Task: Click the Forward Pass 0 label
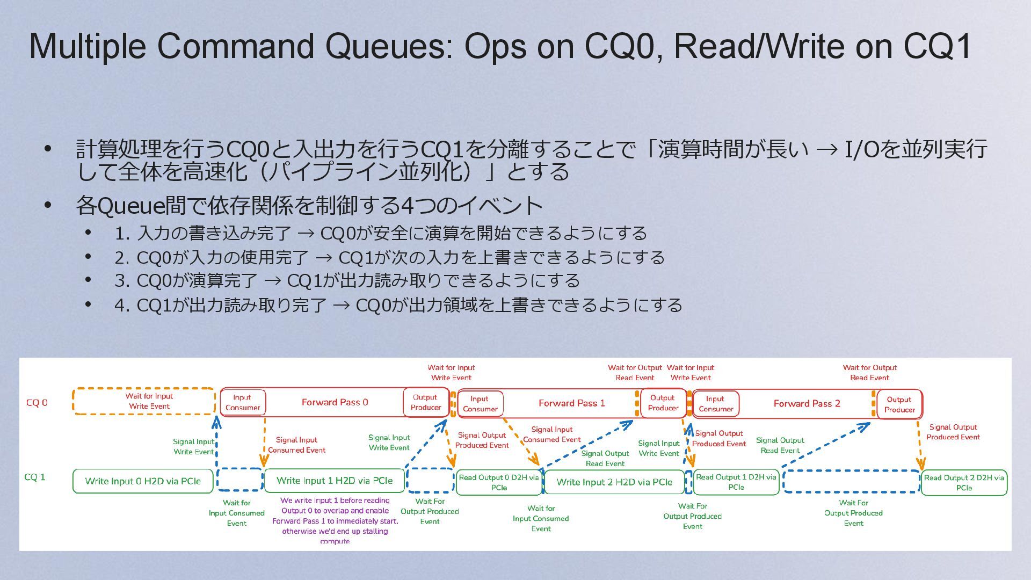pos(335,402)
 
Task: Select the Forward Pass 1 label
pos(571,403)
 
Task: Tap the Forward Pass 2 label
pos(807,404)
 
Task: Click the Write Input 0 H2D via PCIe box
pos(143,481)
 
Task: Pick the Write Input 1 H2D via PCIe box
pos(334,481)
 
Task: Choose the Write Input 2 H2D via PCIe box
pos(614,482)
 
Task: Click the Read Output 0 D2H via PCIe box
pos(499,482)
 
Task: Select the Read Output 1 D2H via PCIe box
pos(736,482)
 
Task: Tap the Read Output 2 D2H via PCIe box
pos(964,482)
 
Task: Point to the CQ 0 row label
pos(37,403)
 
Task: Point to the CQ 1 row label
pos(35,477)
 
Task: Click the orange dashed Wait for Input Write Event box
pos(144,401)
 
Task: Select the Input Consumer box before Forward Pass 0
pos(243,402)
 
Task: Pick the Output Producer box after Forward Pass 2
pos(899,404)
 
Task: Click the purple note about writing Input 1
pos(335,520)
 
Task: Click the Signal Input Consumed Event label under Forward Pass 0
pos(296,445)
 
